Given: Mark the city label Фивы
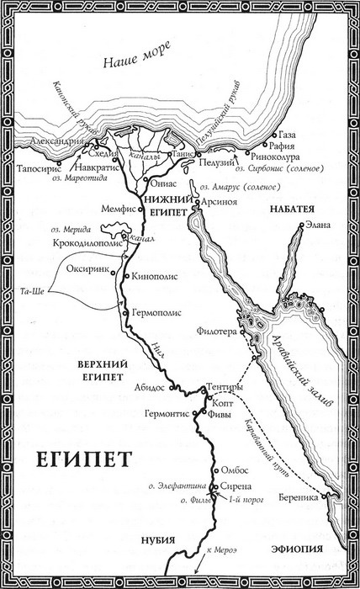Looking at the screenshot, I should pos(222,413).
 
